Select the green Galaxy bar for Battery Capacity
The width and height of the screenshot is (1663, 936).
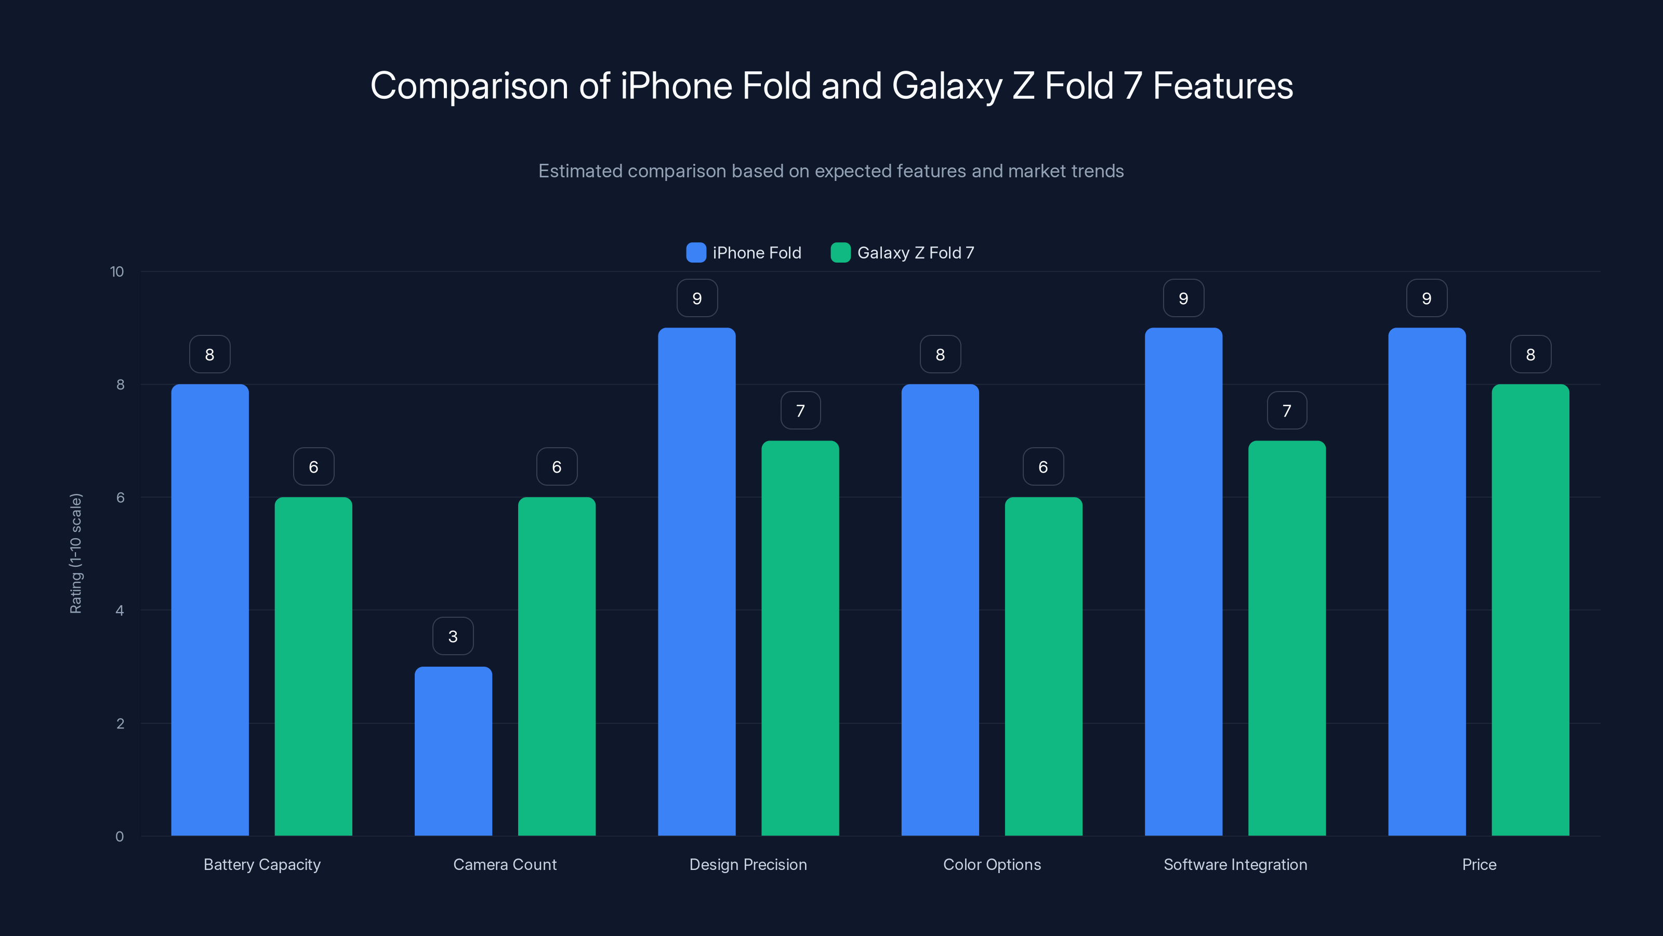point(313,666)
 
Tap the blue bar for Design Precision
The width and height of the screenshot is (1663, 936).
point(696,581)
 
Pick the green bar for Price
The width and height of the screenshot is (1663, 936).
point(1530,610)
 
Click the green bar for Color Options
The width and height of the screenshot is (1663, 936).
point(1043,666)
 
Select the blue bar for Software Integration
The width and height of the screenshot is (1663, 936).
point(1183,581)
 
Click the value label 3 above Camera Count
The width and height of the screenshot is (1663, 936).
point(453,636)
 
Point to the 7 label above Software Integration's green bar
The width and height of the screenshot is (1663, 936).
point(1287,411)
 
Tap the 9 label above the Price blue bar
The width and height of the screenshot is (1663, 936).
point(1427,298)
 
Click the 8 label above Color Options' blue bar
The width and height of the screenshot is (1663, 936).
point(940,355)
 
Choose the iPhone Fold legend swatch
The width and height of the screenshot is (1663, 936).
point(696,253)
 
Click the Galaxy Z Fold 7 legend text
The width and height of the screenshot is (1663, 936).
point(915,253)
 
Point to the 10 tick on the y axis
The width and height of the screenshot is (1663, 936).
point(117,271)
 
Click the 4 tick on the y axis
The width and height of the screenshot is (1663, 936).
point(120,610)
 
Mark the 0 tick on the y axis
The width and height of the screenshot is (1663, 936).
point(120,837)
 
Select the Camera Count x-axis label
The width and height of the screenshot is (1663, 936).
point(504,864)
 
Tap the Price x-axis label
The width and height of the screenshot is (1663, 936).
point(1479,864)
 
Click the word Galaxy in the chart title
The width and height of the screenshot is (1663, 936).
point(946,86)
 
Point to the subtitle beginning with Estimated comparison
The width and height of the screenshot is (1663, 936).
point(831,171)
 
